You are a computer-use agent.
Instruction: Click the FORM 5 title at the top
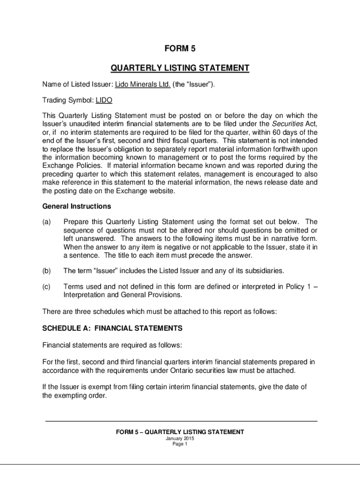point(180,48)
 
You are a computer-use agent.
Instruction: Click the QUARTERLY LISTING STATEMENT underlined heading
point(180,69)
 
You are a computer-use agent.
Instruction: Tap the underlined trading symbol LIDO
point(104,100)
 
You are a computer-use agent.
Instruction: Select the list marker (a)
point(47,222)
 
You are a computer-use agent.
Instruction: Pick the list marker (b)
point(47,271)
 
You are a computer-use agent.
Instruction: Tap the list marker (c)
point(47,286)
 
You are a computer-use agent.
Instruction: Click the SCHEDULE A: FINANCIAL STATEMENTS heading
point(112,328)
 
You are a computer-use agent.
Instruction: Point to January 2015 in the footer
point(180,439)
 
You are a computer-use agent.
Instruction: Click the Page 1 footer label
point(180,444)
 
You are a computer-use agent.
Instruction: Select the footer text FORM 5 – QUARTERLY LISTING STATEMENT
point(180,432)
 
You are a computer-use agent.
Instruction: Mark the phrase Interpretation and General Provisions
point(122,295)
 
